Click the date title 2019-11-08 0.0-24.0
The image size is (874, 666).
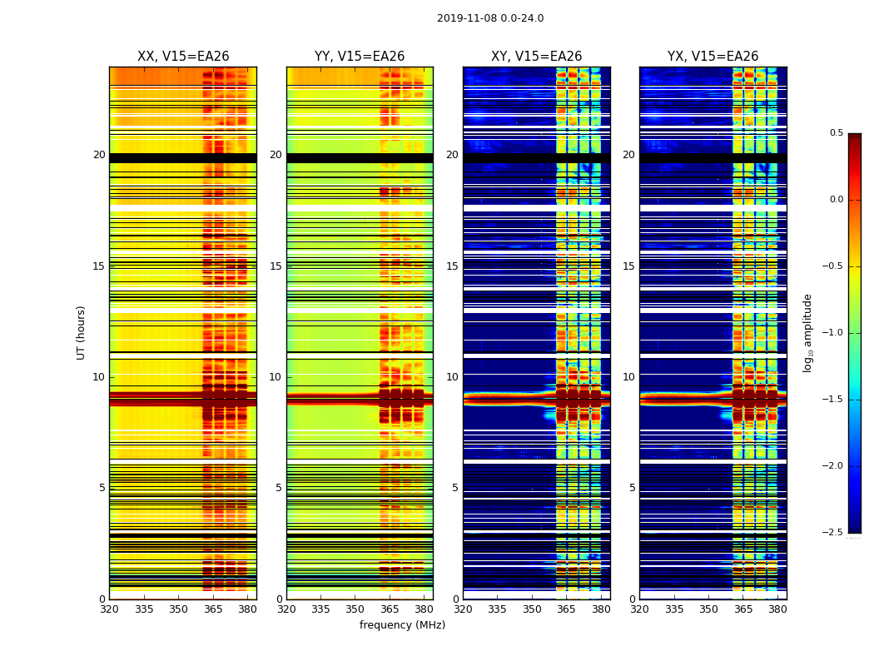point(490,18)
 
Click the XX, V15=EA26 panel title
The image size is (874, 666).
point(183,57)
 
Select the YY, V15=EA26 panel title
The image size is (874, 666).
point(360,57)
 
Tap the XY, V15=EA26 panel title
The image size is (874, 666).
point(536,57)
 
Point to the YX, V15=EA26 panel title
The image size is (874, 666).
point(713,57)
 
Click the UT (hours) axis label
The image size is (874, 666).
point(81,332)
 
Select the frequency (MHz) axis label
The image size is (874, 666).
point(402,625)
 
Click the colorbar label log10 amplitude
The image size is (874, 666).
point(807,332)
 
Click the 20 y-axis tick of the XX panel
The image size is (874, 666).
point(99,155)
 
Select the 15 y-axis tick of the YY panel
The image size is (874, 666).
point(276,266)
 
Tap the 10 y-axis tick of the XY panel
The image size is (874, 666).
point(452,377)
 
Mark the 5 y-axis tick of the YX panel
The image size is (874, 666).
point(632,488)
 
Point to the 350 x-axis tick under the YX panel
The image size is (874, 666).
point(708,609)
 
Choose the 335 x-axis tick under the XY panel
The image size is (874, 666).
point(498,609)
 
